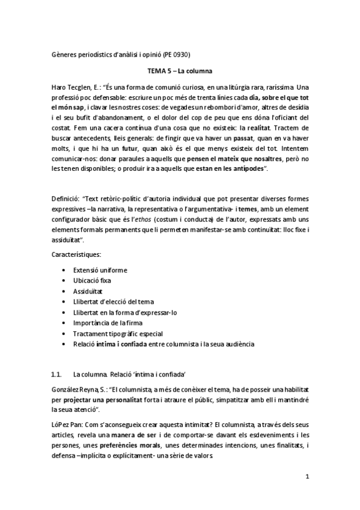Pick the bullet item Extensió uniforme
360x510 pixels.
[100, 270]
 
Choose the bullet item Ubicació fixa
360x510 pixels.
[92, 281]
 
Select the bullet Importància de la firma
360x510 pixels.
[111, 323]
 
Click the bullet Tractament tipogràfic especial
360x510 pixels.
[118, 333]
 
